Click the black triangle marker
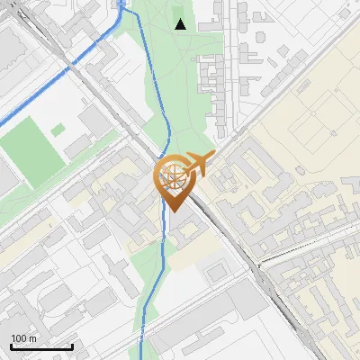[x=181, y=24]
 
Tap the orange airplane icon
[x=201, y=165]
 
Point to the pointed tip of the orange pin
[x=171, y=211]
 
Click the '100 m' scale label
[x=24, y=338]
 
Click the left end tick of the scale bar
[x=12, y=346]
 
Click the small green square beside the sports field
[x=58, y=130]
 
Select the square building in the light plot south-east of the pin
[x=217, y=271]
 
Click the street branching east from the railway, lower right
[x=306, y=247]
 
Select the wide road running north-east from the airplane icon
[x=261, y=117]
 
